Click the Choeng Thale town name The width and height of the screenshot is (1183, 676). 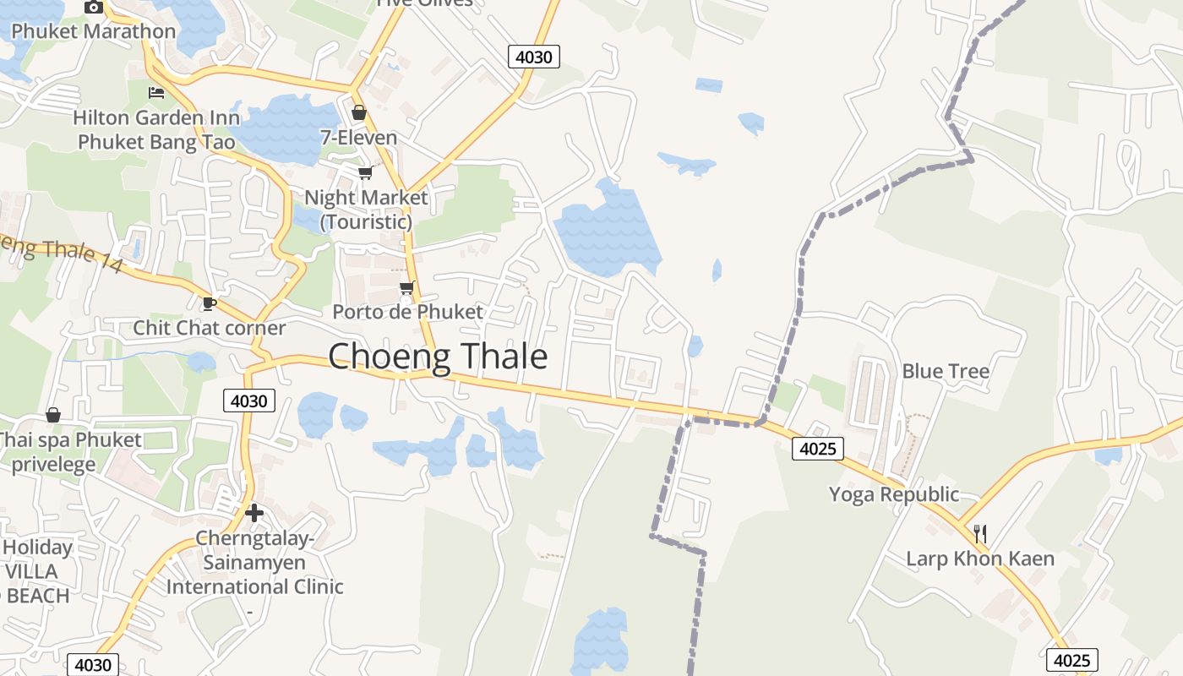tap(438, 357)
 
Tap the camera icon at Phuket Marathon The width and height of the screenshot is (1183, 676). tap(94, 8)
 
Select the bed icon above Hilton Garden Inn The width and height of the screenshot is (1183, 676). tap(156, 92)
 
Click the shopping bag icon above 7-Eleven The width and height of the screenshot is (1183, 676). tap(359, 112)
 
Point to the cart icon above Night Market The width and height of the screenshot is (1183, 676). tap(365, 173)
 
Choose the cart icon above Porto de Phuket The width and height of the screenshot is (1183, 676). tap(407, 287)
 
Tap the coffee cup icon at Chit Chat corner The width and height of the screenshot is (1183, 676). tap(210, 303)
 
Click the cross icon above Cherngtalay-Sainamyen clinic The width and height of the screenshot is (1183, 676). tap(254, 512)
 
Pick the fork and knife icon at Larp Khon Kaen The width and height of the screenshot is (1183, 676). tap(980, 533)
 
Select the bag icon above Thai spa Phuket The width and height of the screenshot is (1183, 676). tap(53, 415)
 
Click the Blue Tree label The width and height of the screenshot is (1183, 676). tap(946, 371)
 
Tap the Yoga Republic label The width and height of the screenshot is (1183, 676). tap(894, 494)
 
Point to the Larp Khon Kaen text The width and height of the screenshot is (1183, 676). tap(980, 559)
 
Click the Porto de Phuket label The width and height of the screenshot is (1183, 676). tap(407, 312)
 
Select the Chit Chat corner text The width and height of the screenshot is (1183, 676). tap(210, 328)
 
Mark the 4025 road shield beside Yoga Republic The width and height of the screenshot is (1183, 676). tap(818, 449)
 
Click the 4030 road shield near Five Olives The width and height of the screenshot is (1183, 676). tap(534, 57)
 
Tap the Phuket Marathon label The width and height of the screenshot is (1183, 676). tap(94, 31)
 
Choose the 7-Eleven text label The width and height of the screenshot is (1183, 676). tap(359, 137)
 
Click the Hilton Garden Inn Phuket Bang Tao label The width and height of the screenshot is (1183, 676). tap(156, 129)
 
